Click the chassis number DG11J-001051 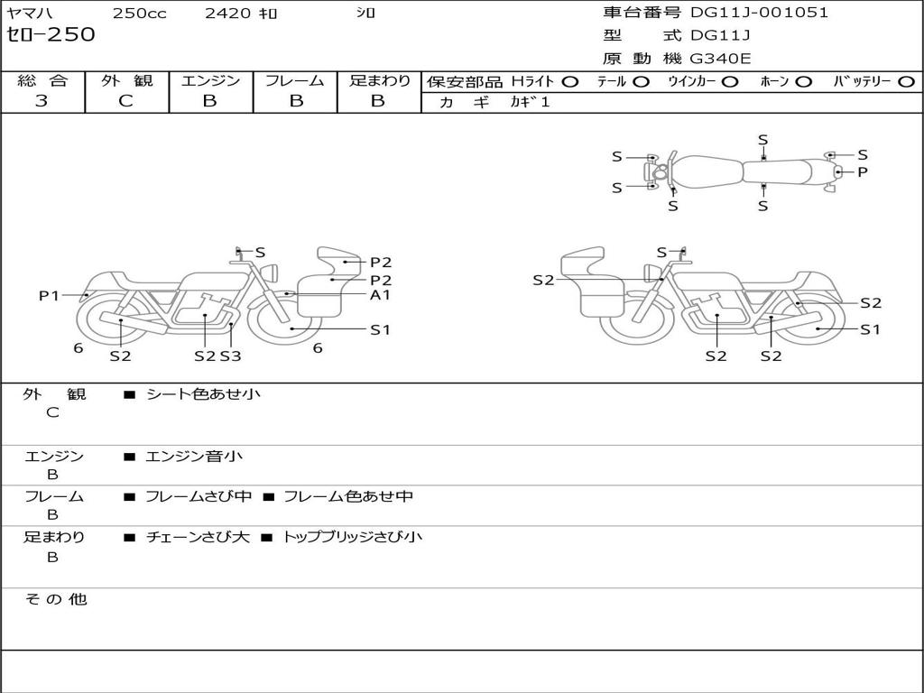[759, 13]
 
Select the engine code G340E [720, 59]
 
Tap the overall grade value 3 [42, 101]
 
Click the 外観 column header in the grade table [126, 80]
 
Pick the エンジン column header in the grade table [210, 80]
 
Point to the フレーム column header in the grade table [295, 80]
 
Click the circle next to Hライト [570, 81]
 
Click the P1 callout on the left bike [49, 295]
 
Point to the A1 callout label [380, 294]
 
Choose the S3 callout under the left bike [230, 356]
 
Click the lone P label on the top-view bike [863, 171]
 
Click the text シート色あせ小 [203, 394]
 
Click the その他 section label [55, 599]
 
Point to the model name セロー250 [51, 35]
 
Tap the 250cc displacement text [138, 14]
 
